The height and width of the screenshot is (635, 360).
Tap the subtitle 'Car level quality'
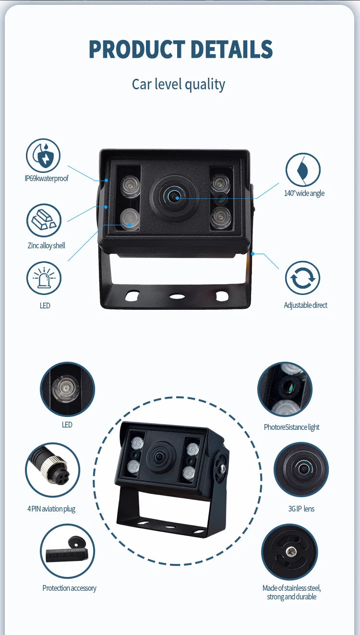[x=179, y=85]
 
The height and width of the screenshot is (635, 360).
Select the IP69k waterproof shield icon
[x=43, y=156]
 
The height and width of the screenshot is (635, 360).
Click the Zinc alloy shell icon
[x=44, y=220]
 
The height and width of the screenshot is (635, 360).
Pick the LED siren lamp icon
[x=44, y=278]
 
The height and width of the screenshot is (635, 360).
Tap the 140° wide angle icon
[x=303, y=170]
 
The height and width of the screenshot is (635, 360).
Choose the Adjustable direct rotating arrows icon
[x=302, y=278]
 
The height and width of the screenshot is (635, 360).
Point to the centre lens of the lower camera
[x=157, y=455]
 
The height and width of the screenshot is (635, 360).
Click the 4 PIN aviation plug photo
[x=52, y=470]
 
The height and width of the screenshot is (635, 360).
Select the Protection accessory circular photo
[x=67, y=551]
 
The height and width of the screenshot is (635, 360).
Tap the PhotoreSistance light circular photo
[x=285, y=389]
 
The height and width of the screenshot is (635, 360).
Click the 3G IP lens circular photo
[x=301, y=469]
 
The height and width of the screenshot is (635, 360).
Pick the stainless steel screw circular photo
[x=289, y=552]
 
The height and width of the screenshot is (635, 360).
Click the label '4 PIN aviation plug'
[x=51, y=509]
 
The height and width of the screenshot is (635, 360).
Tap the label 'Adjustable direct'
[x=306, y=305]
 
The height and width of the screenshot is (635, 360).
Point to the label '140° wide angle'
[x=304, y=193]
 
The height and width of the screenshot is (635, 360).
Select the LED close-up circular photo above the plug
[x=67, y=389]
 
